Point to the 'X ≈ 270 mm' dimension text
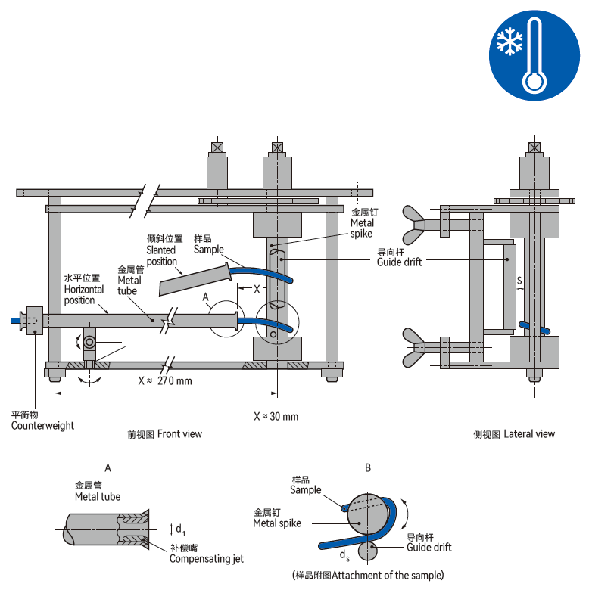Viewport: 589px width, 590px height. coord(165,380)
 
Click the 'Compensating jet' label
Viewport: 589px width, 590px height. coord(206,559)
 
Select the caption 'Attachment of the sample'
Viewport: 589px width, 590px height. coord(368,575)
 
